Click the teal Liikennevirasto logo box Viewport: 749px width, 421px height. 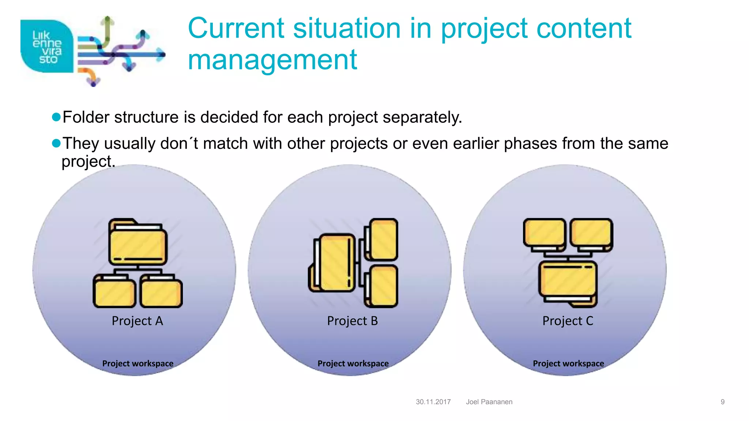(47, 46)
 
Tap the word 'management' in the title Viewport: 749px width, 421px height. (272, 60)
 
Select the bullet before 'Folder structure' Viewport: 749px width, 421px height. (56, 117)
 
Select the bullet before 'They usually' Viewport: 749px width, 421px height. (56, 143)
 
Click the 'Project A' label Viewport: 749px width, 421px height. (137, 321)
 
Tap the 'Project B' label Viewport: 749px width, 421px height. (352, 321)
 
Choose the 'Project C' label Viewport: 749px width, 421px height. (568, 321)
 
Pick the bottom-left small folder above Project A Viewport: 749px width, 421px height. (114, 292)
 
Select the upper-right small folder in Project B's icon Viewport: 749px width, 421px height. (383, 239)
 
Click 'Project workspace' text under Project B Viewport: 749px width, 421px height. (353, 364)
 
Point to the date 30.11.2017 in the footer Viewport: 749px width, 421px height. (433, 402)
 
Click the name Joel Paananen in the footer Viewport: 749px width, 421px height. (489, 402)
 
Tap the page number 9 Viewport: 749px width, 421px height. (722, 402)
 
